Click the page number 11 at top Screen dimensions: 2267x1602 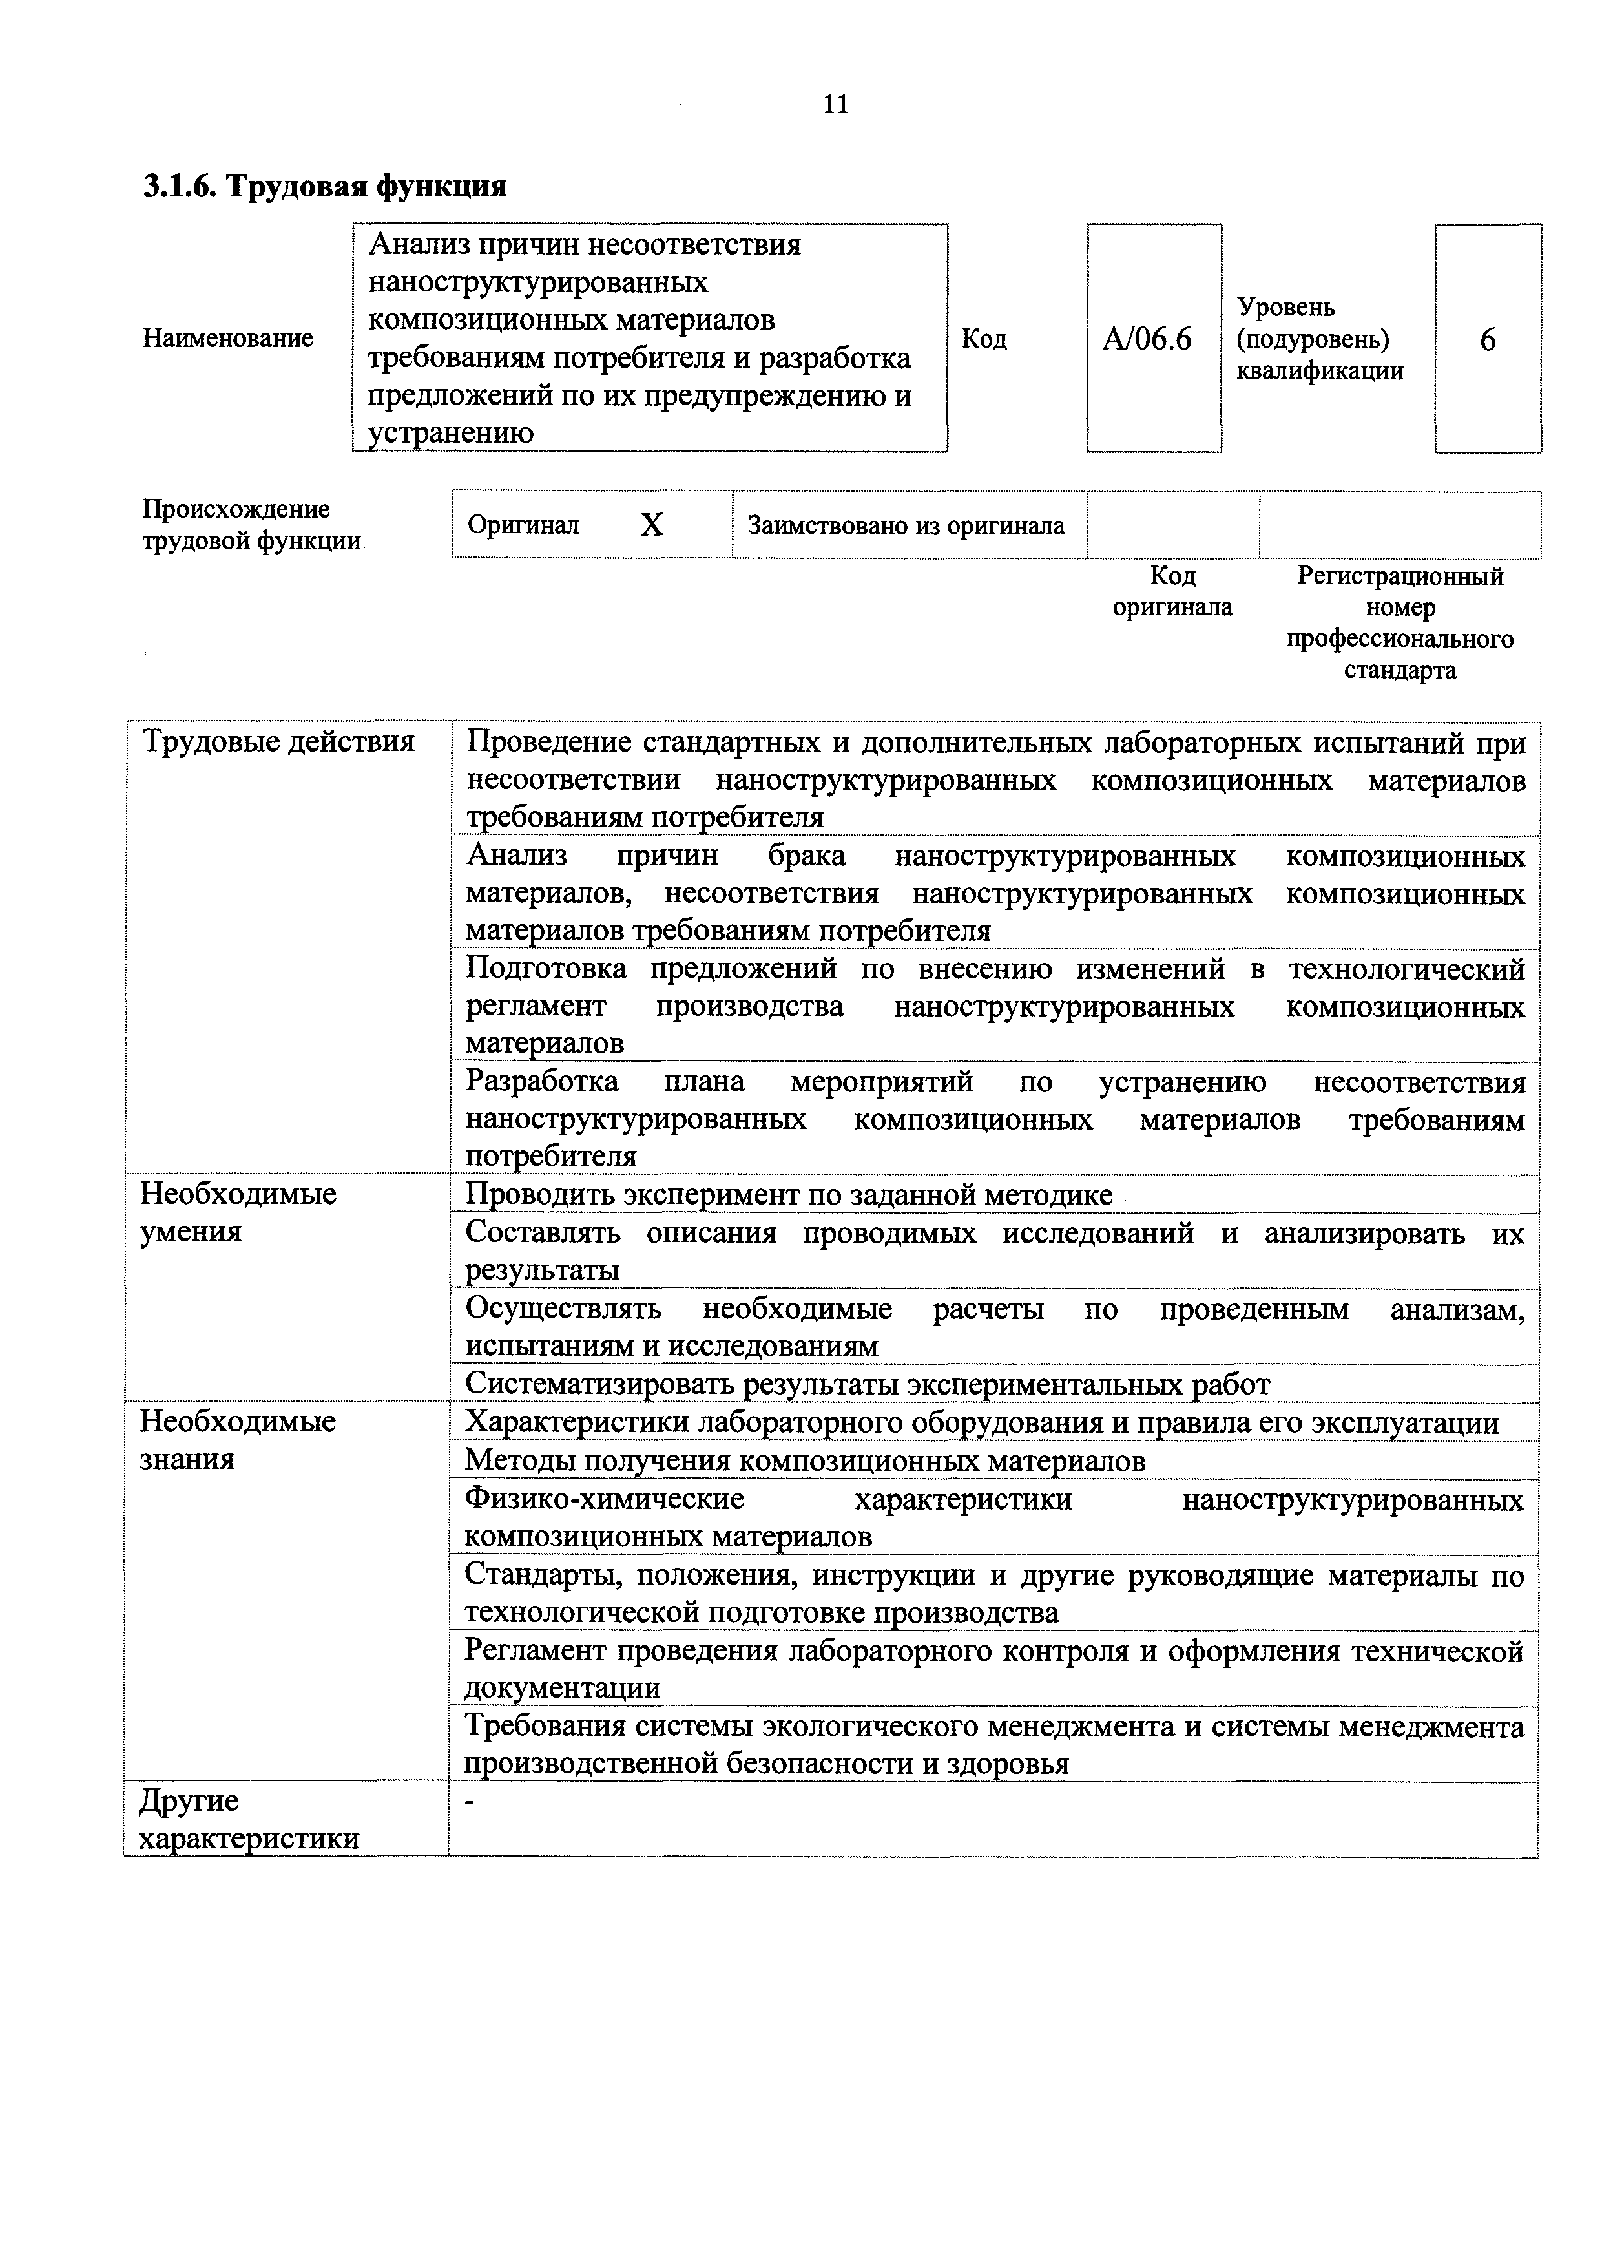click(835, 105)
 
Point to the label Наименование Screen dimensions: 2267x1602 click(228, 339)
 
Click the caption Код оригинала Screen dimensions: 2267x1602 click(1172, 591)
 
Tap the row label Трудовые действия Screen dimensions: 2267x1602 click(278, 741)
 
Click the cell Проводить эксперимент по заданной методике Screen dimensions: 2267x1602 click(789, 1195)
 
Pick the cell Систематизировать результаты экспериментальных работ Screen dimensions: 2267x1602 click(867, 1384)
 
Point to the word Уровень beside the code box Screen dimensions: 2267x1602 click(1285, 307)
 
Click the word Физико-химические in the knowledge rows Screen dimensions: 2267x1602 click(604, 1499)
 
